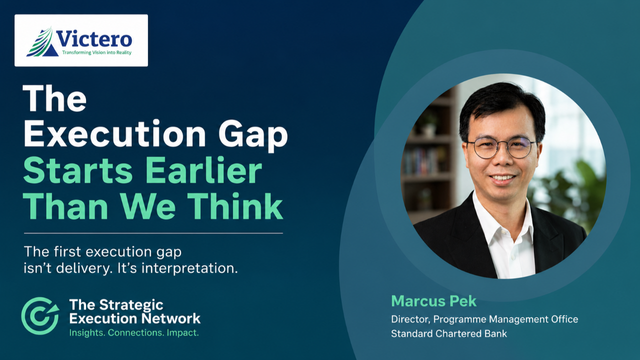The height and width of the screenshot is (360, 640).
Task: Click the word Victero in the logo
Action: tap(94, 39)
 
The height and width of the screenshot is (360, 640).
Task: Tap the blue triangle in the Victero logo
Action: tap(50, 51)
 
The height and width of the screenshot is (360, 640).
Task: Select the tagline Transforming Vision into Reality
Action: tap(96, 52)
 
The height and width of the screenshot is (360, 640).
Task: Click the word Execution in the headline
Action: tap(114, 133)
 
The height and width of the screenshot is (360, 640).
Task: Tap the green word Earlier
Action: tap(204, 170)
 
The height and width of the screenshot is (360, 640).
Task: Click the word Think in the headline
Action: tap(235, 205)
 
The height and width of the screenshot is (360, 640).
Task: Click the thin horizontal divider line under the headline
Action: tap(153, 233)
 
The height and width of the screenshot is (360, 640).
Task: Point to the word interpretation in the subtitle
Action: tap(189, 268)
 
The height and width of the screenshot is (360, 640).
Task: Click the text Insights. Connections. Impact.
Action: tap(134, 333)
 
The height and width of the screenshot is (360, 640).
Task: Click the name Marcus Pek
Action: tap(433, 301)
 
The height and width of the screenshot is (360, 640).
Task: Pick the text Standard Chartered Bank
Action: tap(449, 333)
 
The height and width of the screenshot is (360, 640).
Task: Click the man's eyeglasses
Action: tap(501, 147)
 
